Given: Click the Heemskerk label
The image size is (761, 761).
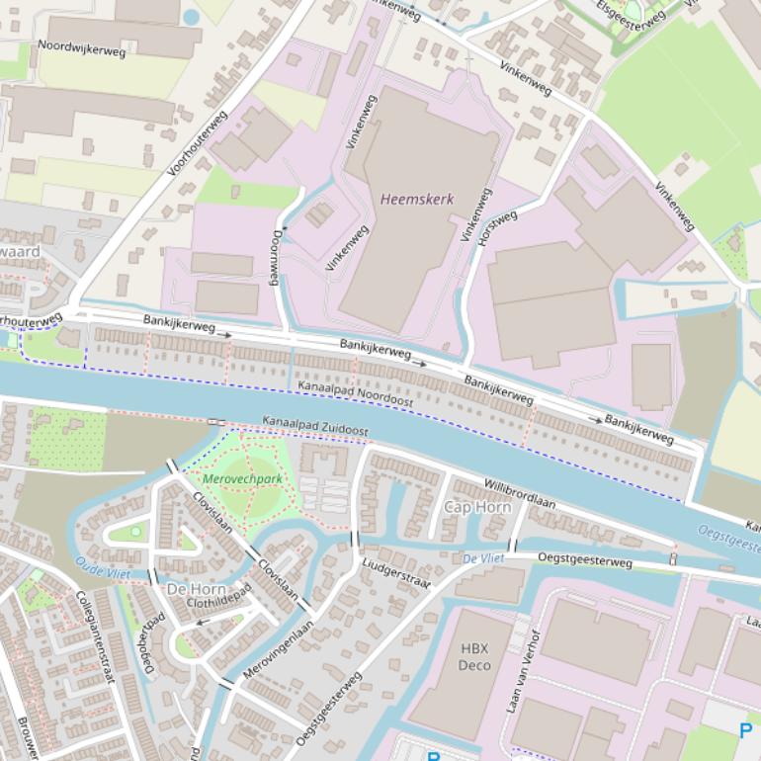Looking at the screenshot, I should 417,200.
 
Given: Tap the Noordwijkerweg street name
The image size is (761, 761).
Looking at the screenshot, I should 81,47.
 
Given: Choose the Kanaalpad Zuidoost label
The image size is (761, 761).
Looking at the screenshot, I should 314,426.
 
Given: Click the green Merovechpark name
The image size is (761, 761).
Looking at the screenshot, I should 242,479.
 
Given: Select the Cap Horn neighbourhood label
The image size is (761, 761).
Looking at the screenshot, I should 477,507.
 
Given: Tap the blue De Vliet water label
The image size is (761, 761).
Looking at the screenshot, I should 483,558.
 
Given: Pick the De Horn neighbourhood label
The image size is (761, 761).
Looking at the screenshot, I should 196,589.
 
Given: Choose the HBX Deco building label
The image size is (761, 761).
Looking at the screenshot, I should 474,657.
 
